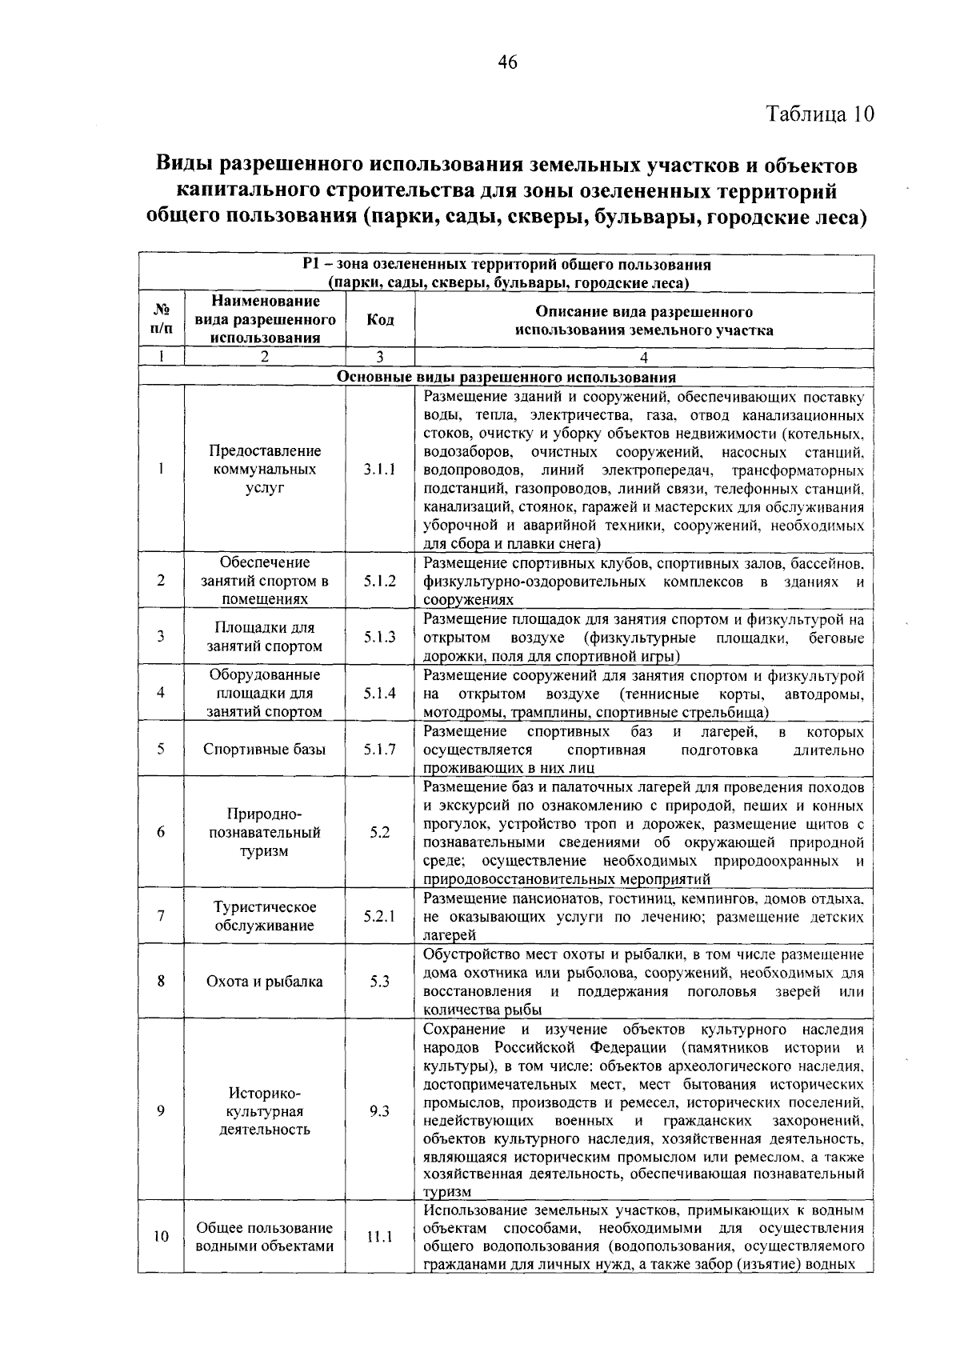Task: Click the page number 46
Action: click(x=507, y=62)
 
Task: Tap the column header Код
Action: click(x=380, y=319)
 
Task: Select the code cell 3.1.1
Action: click(x=380, y=470)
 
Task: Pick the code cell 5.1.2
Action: click(x=380, y=581)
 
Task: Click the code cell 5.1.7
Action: click(x=380, y=750)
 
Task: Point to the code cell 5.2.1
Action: click(x=380, y=916)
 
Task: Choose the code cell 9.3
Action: click(x=380, y=1111)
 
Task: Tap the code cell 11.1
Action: click(x=380, y=1237)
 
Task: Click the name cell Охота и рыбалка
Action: click(x=265, y=982)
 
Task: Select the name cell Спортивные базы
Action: click(x=265, y=750)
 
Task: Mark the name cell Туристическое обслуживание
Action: click(x=265, y=916)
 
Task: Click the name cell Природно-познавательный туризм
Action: click(x=265, y=832)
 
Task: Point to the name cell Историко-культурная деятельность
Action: click(x=265, y=1111)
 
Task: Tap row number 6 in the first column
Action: click(x=161, y=832)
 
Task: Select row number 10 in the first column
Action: click(x=161, y=1237)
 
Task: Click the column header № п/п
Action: click(x=161, y=319)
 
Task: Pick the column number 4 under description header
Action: click(x=643, y=358)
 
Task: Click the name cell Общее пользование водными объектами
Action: click(x=265, y=1237)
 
